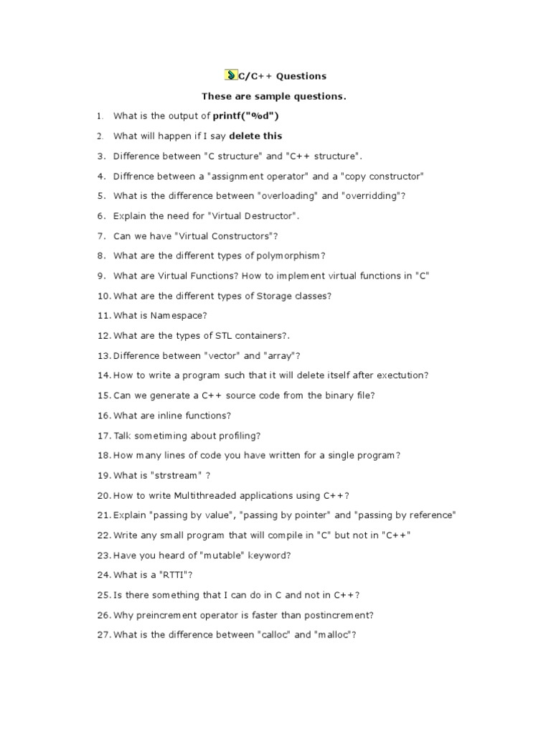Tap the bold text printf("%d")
245,116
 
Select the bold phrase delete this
255,136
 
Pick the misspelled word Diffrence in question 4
134,176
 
